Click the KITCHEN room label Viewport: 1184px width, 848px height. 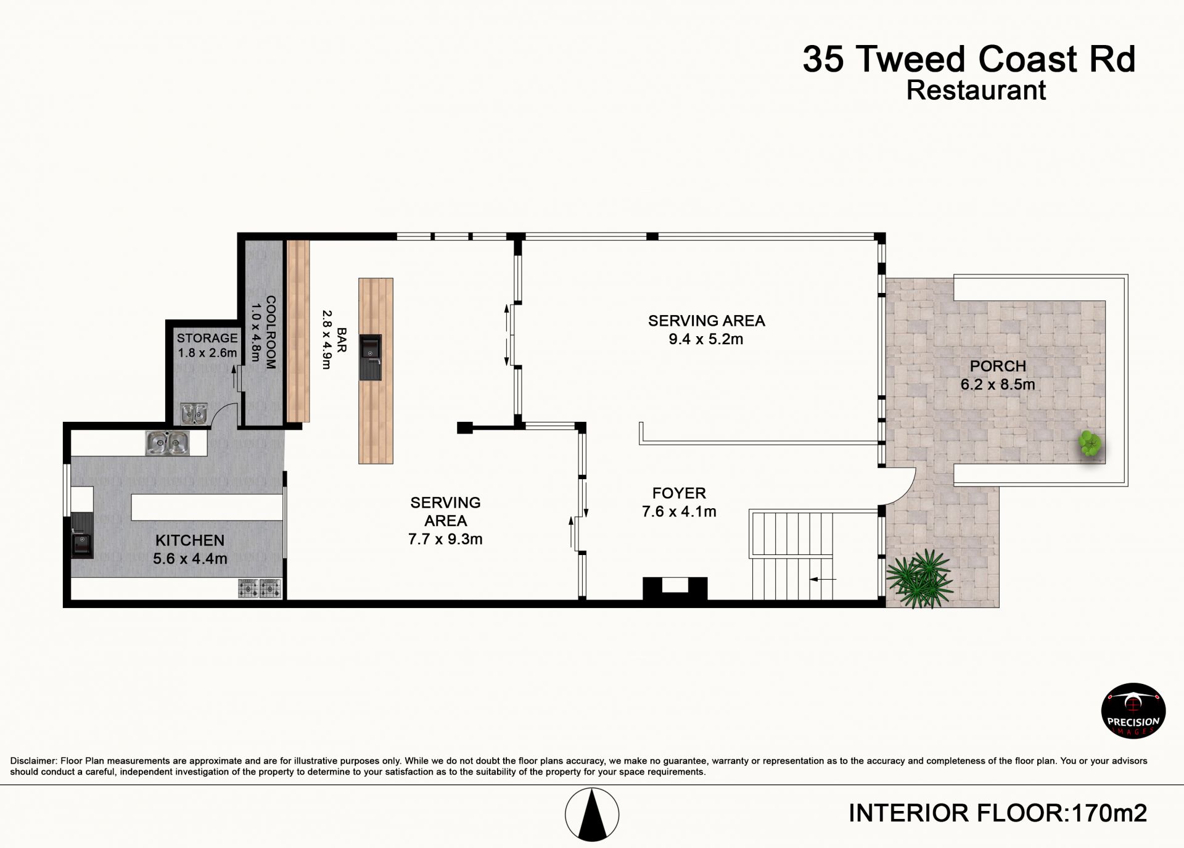(190, 540)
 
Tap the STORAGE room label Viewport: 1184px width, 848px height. (207, 338)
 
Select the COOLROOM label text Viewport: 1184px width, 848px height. (271, 332)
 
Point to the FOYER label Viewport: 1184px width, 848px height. (679, 493)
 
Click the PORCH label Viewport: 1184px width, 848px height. (998, 366)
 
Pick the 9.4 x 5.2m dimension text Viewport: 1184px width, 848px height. (706, 339)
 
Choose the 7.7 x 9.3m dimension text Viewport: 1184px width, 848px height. (445, 539)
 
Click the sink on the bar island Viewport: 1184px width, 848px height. (371, 357)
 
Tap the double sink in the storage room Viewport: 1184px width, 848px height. (194, 414)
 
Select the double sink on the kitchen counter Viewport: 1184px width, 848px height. (167, 443)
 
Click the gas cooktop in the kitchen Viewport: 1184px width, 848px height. (260, 588)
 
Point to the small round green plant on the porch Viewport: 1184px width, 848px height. (1090, 444)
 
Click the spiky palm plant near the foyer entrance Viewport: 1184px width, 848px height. (919, 578)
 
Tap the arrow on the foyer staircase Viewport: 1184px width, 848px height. (823, 579)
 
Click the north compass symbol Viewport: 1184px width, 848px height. (592, 814)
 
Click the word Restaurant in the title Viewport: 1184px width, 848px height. (976, 90)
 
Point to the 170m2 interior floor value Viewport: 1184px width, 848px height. (1109, 813)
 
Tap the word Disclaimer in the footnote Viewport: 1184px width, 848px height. (33, 761)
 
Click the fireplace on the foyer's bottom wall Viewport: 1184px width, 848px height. (675, 588)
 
